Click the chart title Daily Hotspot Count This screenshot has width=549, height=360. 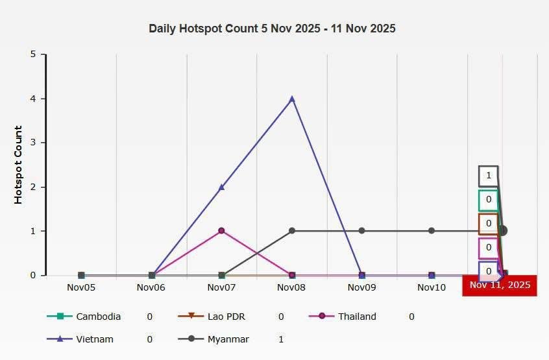tap(272, 29)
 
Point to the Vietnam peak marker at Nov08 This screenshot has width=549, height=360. tap(292, 99)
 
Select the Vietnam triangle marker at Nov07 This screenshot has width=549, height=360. tap(222, 187)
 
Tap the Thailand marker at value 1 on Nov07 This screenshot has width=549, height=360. tap(222, 230)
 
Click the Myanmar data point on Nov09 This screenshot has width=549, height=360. tap(362, 230)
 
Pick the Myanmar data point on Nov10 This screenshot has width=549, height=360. tap(432, 230)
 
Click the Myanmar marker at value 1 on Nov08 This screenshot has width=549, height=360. tap(292, 230)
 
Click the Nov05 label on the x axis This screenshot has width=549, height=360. tap(81, 287)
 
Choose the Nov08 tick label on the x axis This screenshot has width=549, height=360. tap(291, 287)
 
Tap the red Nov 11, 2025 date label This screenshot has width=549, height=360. tap(500, 285)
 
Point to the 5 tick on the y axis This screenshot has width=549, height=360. tap(33, 54)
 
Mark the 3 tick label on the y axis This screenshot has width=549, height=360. tap(33, 143)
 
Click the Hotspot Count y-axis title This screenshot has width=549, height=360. tap(18, 165)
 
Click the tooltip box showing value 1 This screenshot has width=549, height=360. tap(489, 175)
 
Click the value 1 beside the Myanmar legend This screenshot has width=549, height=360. tap(280, 339)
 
